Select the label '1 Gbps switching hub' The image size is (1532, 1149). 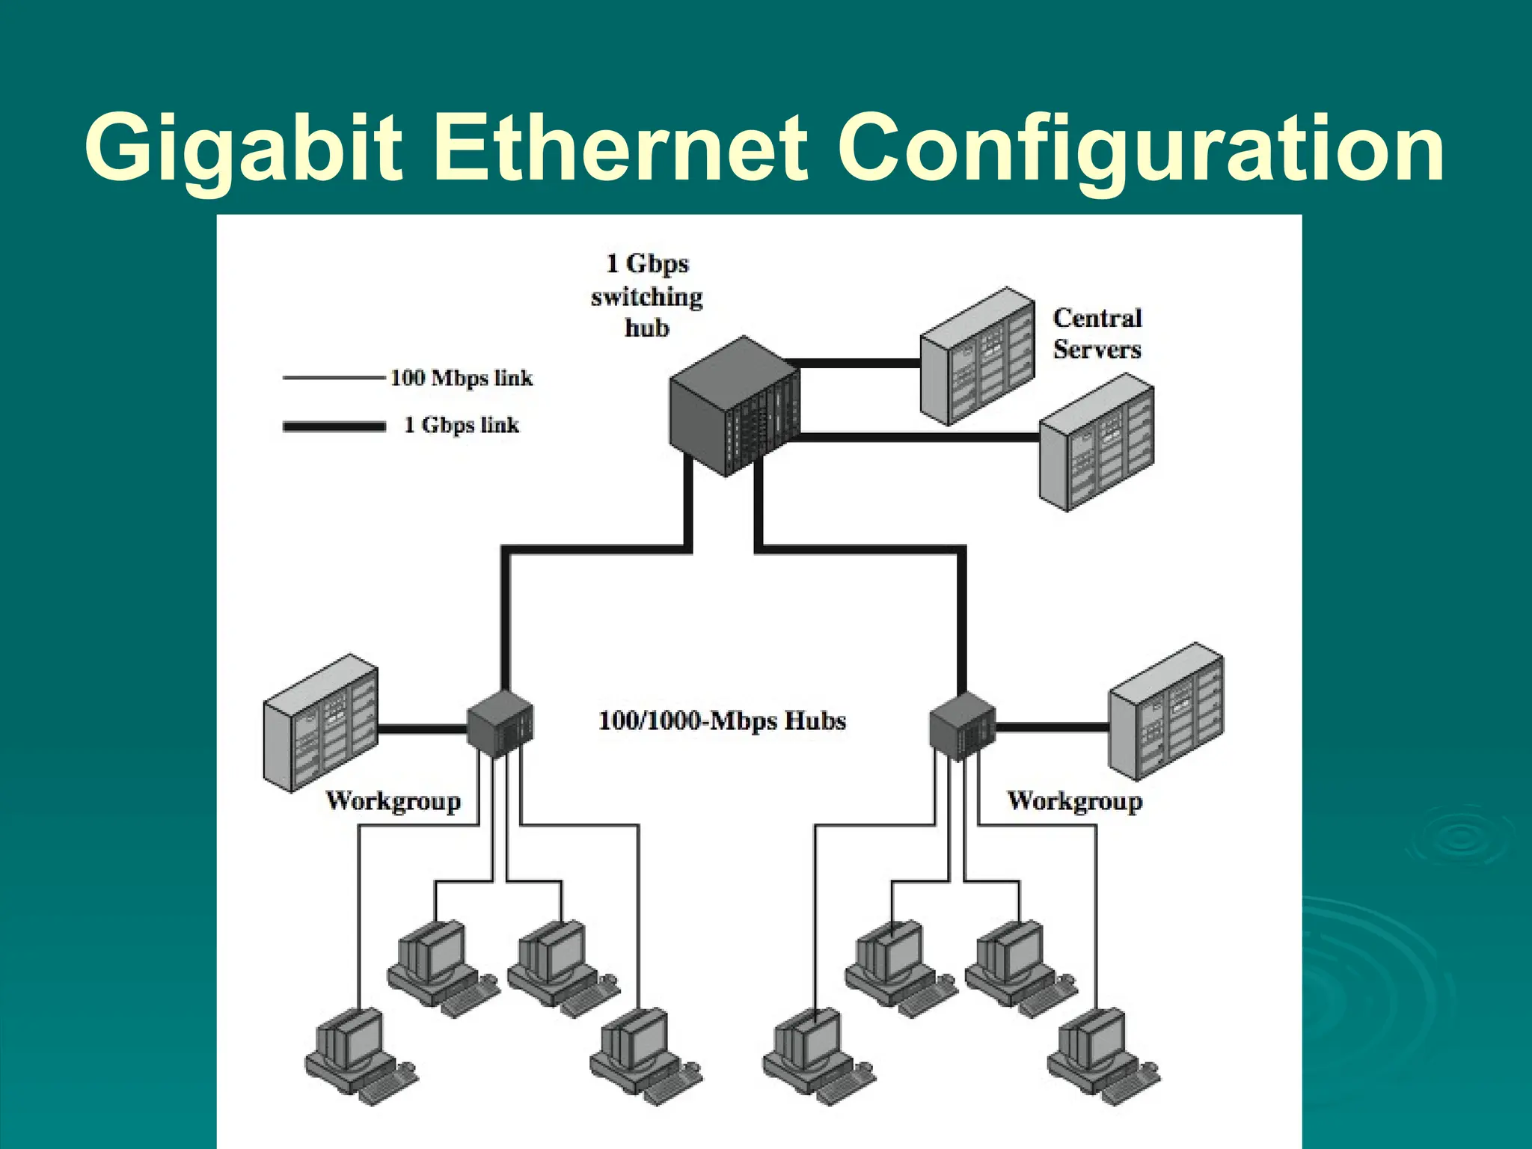647,296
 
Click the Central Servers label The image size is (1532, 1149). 1097,334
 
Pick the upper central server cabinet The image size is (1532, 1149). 977,358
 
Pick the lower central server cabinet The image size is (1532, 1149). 1097,443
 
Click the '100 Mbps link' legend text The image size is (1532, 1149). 462,378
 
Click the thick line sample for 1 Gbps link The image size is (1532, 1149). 334,426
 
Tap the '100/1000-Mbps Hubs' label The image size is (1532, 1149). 722,721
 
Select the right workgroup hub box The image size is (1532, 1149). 962,726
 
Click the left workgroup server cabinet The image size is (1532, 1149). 320,723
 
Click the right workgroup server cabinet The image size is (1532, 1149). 1165,712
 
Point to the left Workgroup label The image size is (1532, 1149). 393,801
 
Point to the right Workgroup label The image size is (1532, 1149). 1074,801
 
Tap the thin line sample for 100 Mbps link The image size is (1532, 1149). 334,379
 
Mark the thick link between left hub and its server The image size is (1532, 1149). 423,728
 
